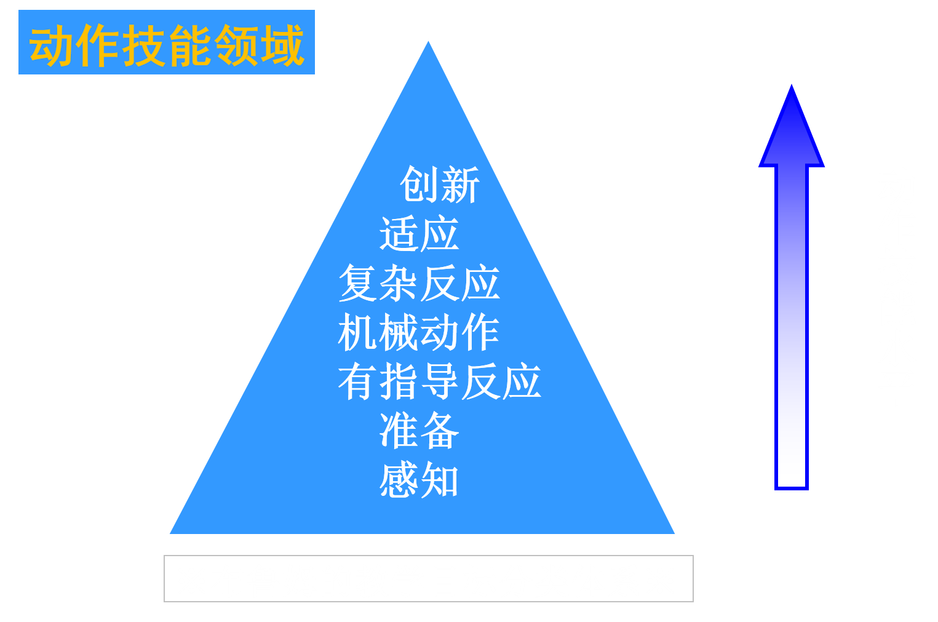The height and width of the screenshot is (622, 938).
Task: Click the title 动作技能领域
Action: pyautogui.click(x=166, y=44)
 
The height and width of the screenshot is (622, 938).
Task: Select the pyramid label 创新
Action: pyautogui.click(x=439, y=185)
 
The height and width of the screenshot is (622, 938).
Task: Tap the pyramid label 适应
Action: pyautogui.click(x=419, y=234)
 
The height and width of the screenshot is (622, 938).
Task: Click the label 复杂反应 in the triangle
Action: pyautogui.click(x=419, y=284)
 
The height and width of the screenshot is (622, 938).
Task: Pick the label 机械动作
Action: pyautogui.click(x=419, y=333)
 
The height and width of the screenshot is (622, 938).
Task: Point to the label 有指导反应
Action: pyautogui.click(x=439, y=382)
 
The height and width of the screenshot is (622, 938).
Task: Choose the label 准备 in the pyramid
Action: pyautogui.click(x=419, y=431)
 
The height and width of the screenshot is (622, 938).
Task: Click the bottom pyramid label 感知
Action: pyautogui.click(x=419, y=480)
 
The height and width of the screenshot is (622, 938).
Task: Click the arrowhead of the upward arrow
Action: pyautogui.click(x=792, y=129)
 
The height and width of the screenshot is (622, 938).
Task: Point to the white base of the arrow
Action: pyautogui.click(x=792, y=468)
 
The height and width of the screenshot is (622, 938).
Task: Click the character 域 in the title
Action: pyautogui.click(x=282, y=45)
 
